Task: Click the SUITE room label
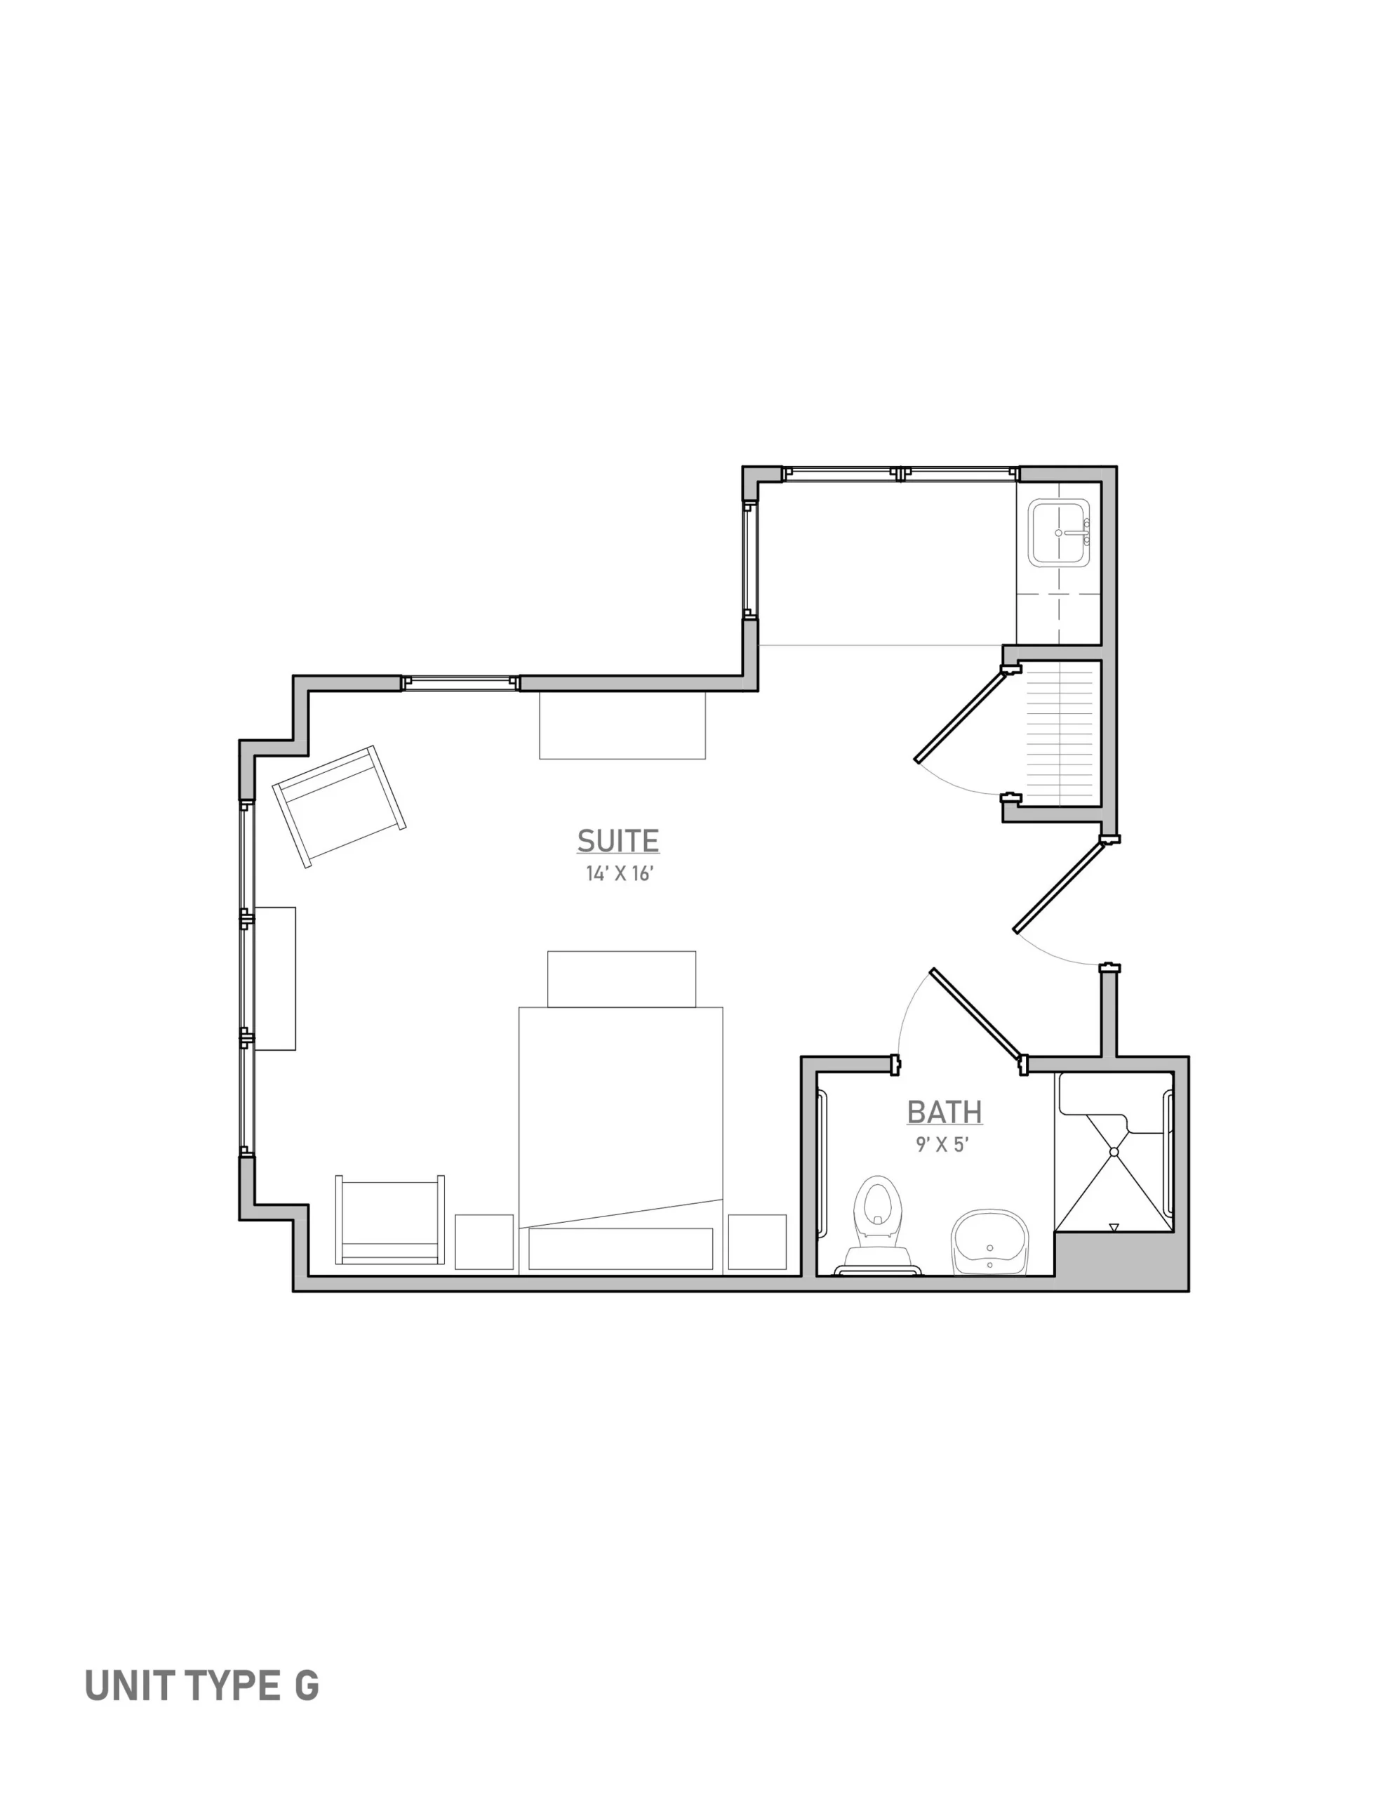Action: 618,840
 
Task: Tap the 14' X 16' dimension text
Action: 619,874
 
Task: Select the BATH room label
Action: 945,1113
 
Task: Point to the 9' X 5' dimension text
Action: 943,1144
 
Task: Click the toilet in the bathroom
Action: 877,1225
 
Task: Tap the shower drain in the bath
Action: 1114,1152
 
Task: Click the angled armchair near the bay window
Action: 339,807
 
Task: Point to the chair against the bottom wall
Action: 390,1219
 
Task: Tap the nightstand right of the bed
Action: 757,1242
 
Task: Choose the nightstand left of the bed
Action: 483,1242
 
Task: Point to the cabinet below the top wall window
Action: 622,725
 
